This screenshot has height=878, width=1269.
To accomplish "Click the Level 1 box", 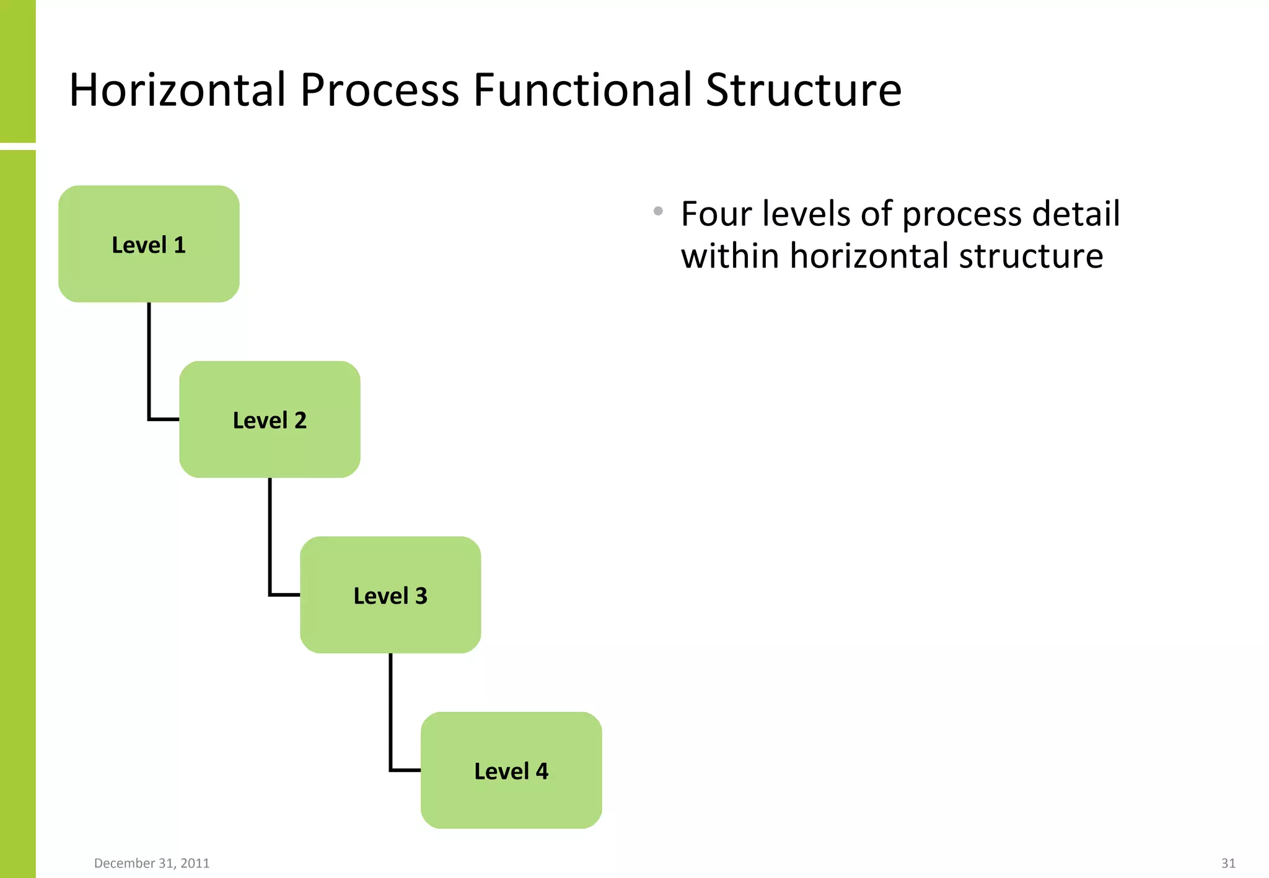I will point(149,244).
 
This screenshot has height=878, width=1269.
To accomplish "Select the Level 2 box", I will point(270,419).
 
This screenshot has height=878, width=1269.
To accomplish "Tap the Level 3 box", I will point(390,595).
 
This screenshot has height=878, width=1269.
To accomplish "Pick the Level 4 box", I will point(511,770).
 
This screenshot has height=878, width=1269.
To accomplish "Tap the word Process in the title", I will point(379,90).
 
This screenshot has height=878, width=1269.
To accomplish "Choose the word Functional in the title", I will point(582,90).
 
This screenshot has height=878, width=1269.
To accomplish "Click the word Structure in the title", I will point(803,90).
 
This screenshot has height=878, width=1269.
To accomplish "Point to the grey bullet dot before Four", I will point(658,212).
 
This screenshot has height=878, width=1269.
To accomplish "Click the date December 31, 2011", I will point(152,863).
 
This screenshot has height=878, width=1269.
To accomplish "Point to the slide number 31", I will point(1228,863).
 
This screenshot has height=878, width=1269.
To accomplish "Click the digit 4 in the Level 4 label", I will point(542,772).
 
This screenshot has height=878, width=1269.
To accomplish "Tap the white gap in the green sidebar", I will point(17,146).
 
